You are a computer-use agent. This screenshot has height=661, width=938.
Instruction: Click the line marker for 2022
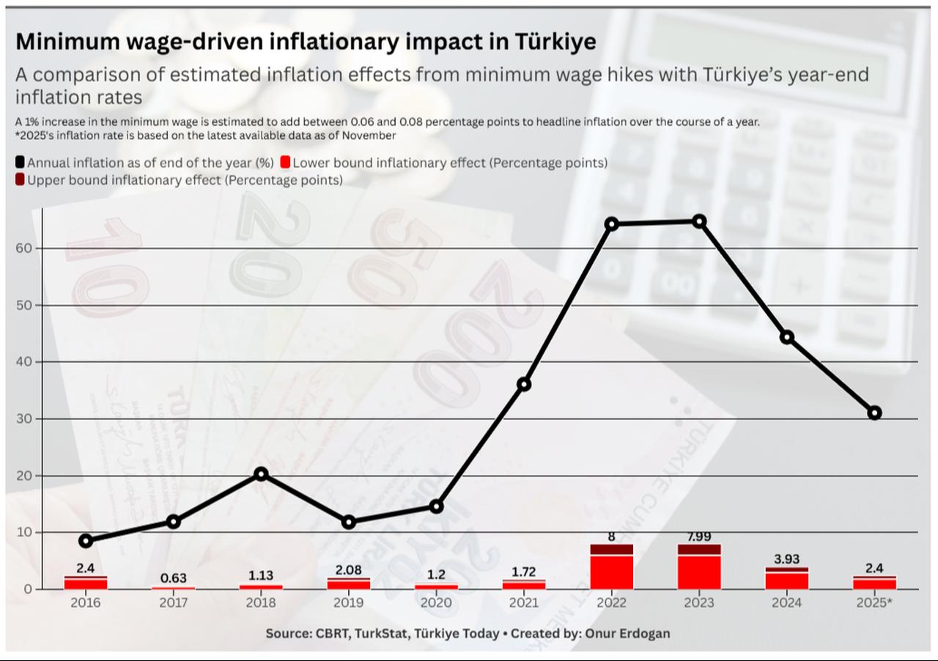click(x=612, y=224)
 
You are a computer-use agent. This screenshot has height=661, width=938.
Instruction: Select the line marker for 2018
click(x=261, y=474)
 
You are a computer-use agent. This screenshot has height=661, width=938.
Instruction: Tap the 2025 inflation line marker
click(x=874, y=413)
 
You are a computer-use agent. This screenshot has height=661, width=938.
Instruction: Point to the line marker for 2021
click(x=524, y=384)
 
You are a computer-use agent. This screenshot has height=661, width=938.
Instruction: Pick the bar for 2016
click(x=86, y=583)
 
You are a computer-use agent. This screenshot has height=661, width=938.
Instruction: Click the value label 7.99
click(x=699, y=536)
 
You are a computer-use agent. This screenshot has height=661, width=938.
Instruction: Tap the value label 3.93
click(x=786, y=560)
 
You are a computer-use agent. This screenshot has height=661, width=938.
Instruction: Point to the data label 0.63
click(x=174, y=578)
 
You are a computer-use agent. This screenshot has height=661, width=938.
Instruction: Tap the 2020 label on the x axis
click(x=436, y=602)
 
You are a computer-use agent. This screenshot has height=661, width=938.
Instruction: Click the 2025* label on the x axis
click(x=875, y=602)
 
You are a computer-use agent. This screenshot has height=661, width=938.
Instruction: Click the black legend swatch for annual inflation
click(x=20, y=163)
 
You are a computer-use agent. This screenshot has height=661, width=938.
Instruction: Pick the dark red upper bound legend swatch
click(x=20, y=180)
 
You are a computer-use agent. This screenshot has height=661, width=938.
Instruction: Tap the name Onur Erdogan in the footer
click(x=629, y=632)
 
